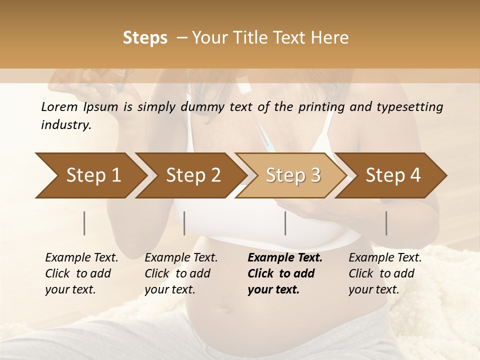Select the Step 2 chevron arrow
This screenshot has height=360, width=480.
(x=193, y=175)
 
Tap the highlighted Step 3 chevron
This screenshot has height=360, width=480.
(x=293, y=175)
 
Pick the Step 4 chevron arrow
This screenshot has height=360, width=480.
(x=393, y=175)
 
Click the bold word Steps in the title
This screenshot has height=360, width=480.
(x=145, y=38)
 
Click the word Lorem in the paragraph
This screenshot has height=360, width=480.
(x=59, y=106)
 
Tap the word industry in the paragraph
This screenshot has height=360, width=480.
(x=65, y=125)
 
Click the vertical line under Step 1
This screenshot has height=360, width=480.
(x=84, y=223)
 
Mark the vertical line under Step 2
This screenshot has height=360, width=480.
(x=184, y=223)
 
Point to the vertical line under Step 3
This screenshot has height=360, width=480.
(x=285, y=223)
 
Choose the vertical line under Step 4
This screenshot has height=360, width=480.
(x=386, y=223)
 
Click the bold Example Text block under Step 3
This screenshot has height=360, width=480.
(x=285, y=273)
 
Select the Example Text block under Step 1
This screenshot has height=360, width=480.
(x=81, y=273)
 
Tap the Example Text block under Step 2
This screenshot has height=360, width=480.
(x=181, y=273)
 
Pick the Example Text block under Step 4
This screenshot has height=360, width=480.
(x=385, y=273)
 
